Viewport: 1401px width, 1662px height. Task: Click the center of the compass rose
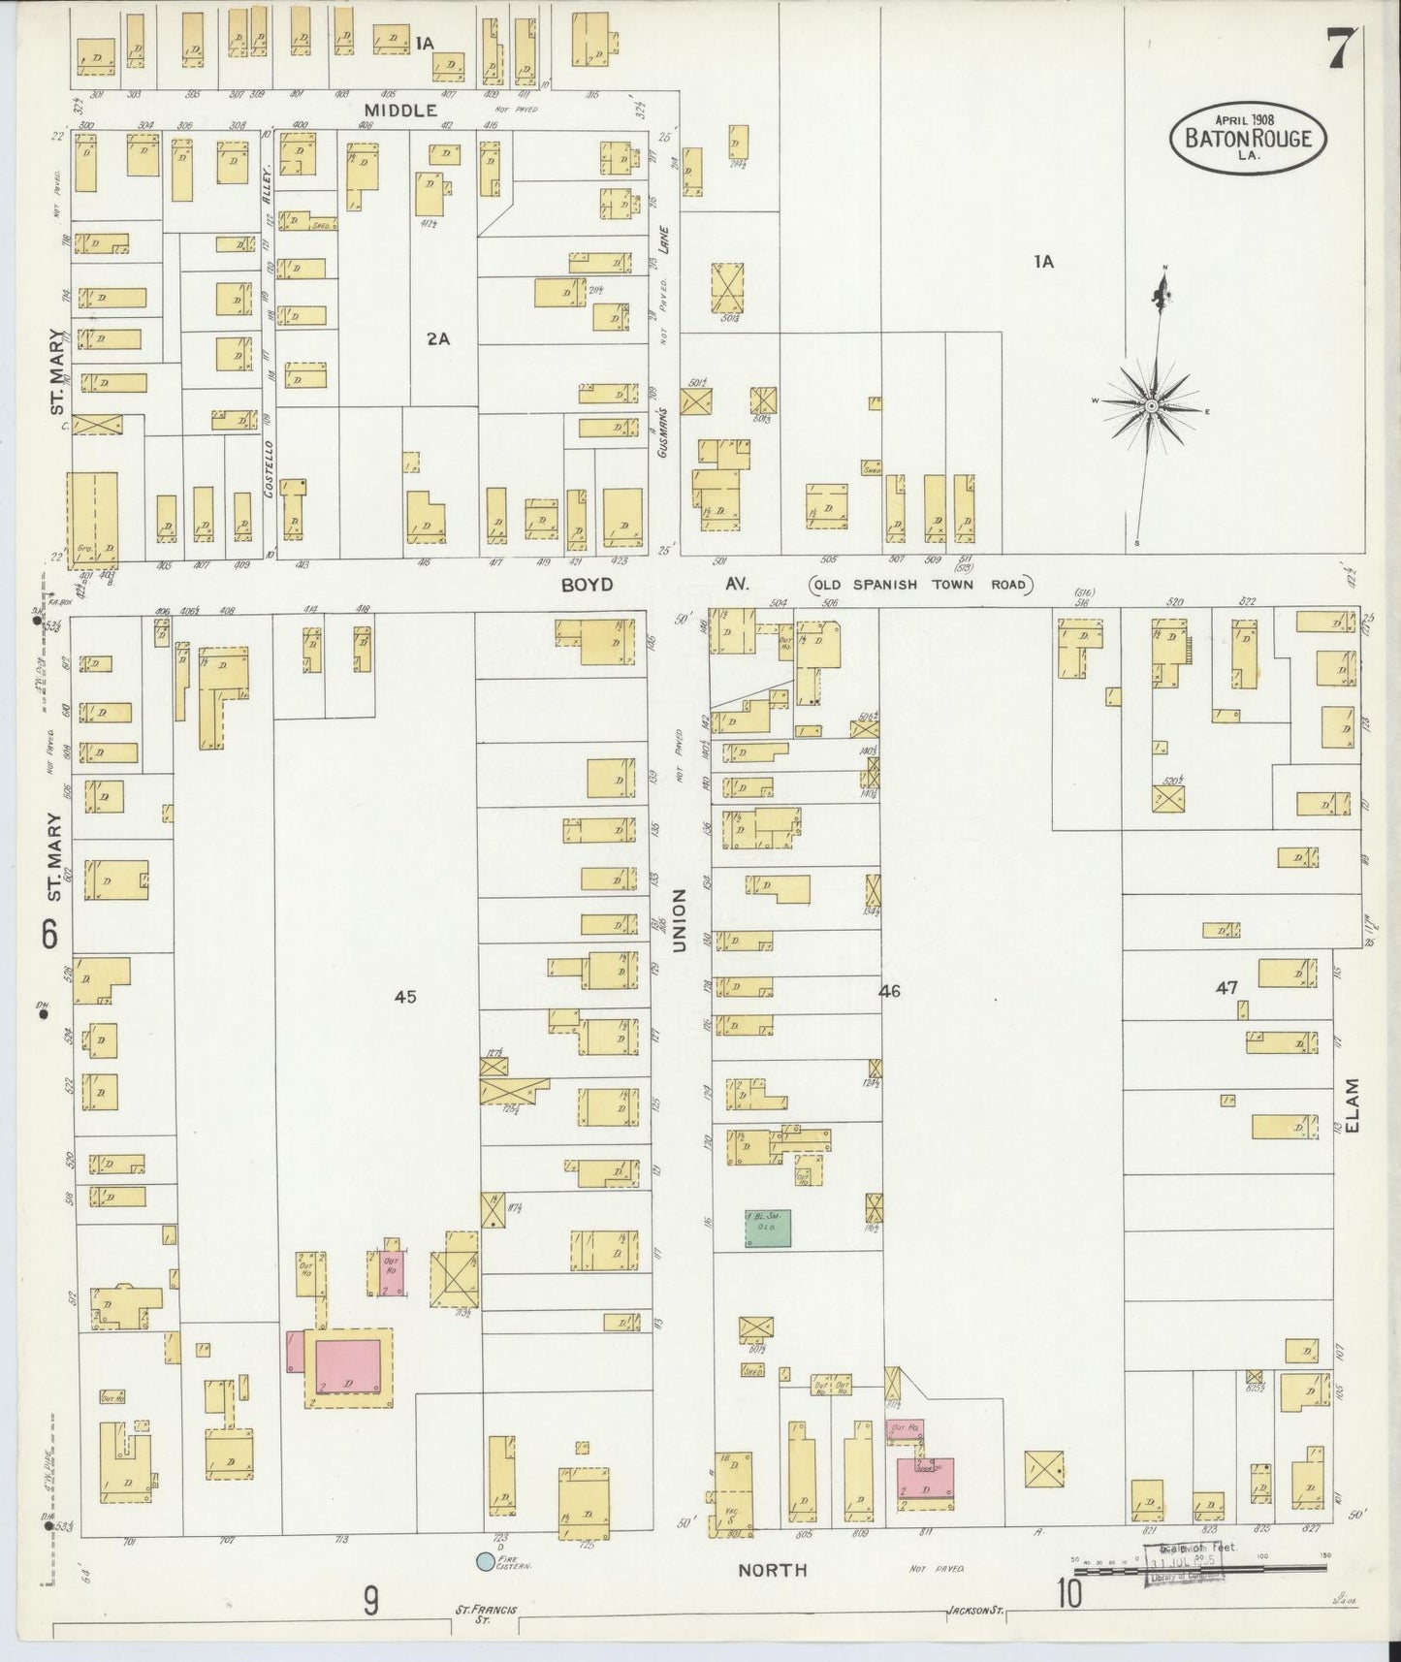(1151, 406)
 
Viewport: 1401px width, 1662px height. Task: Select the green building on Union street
(768, 1228)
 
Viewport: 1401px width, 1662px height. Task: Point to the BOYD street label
(587, 585)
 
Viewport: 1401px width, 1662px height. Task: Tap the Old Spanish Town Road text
(921, 585)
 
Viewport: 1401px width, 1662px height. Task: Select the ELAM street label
(1354, 1104)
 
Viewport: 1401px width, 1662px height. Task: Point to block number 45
(404, 996)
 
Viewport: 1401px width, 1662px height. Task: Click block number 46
(889, 991)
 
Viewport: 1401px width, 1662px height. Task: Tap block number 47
(1226, 987)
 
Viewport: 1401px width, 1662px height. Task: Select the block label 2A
(438, 338)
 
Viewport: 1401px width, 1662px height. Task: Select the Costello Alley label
(269, 330)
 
